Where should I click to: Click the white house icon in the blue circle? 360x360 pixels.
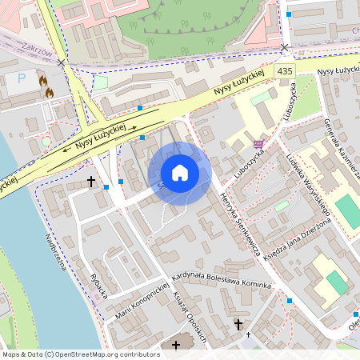coord(180,173)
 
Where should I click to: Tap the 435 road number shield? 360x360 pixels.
coord(285,72)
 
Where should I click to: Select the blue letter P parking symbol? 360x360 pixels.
coord(22,79)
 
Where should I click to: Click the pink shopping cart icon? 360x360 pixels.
coord(258,144)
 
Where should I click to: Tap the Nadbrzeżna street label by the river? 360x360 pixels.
coord(54,252)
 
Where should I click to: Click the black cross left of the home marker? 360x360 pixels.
coord(90,182)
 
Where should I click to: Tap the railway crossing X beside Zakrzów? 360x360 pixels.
coord(62,62)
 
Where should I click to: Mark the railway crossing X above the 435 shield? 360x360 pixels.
coord(284,48)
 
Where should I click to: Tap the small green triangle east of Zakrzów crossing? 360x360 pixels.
coord(101,82)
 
